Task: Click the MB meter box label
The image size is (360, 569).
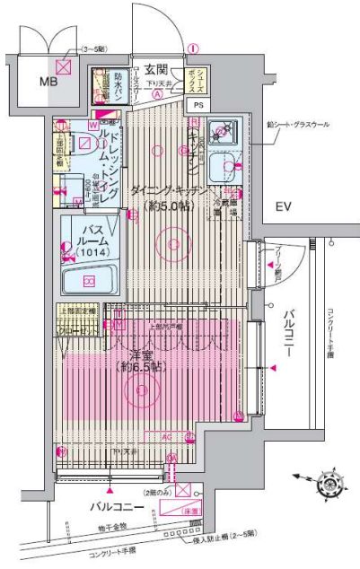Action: tap(39, 83)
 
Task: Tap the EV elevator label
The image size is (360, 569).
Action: tap(284, 207)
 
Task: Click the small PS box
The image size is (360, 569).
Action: tap(197, 105)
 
